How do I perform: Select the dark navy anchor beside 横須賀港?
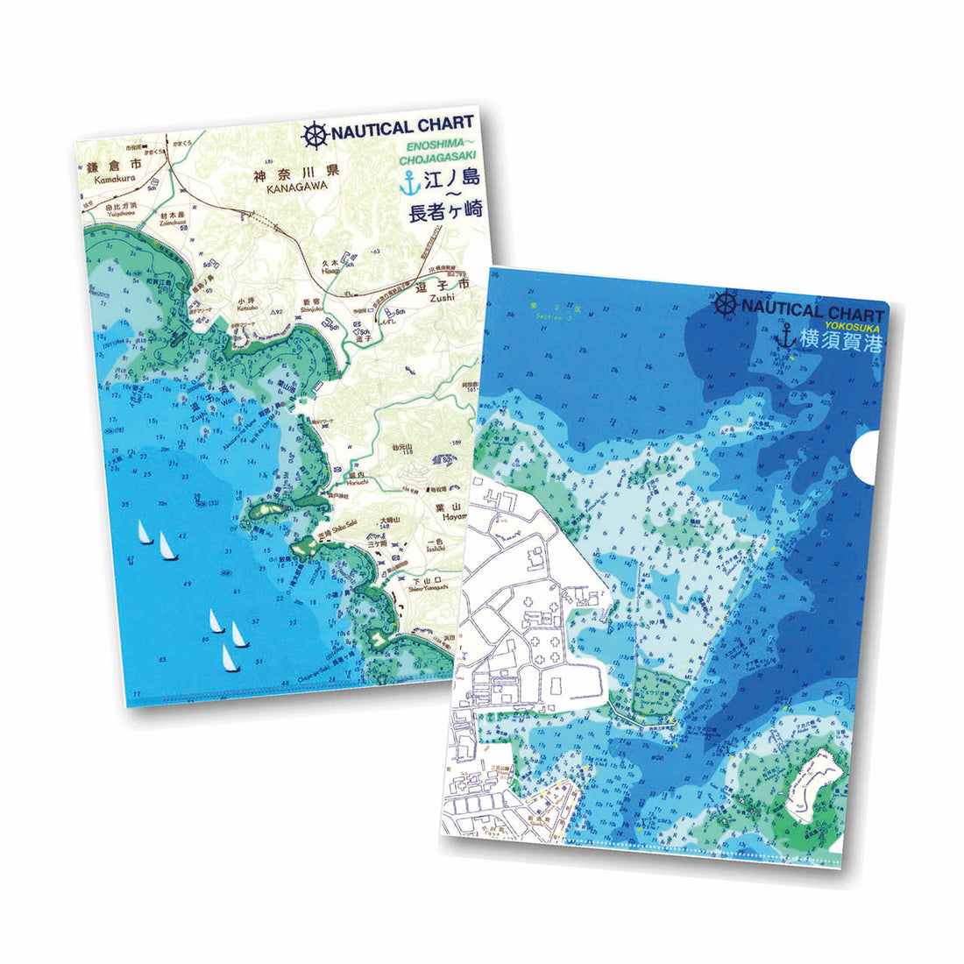[x=784, y=337]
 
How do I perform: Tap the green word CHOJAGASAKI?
[x=436, y=159]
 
